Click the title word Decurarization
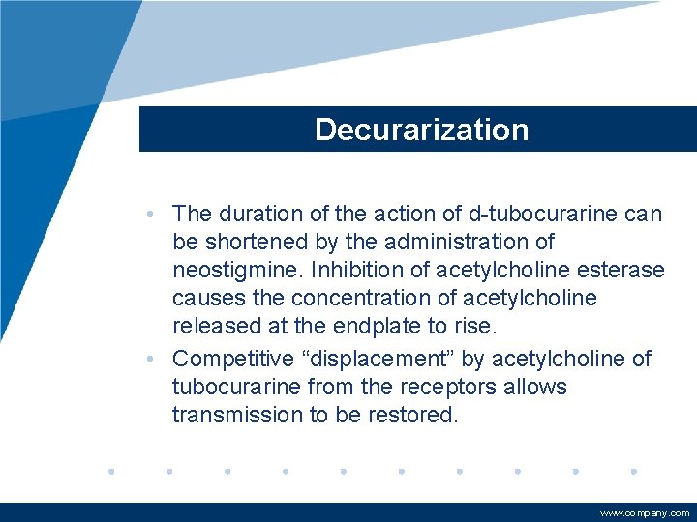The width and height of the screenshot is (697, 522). pyautogui.click(x=421, y=130)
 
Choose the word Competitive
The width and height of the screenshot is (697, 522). pyautogui.click(x=232, y=359)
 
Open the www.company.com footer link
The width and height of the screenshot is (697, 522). pyautogui.click(x=645, y=514)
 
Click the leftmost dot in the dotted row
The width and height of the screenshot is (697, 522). pyautogui.click(x=111, y=472)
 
